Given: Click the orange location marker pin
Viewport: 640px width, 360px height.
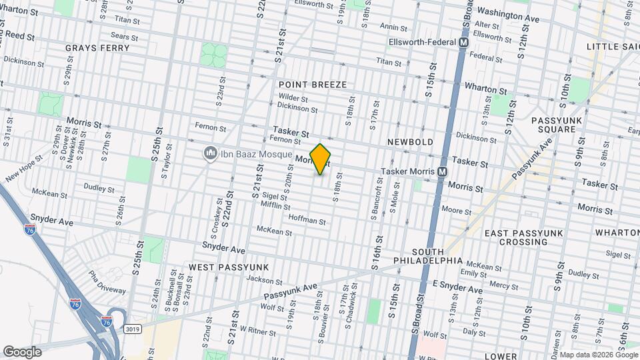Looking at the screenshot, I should (x=321, y=159).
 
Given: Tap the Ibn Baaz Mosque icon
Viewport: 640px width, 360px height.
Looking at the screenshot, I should (x=211, y=154).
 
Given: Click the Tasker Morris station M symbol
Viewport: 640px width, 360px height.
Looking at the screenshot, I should (x=443, y=171).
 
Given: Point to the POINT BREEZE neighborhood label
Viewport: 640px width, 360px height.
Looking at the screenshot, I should (x=313, y=85).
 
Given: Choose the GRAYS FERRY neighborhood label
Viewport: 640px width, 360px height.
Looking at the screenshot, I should (x=97, y=48).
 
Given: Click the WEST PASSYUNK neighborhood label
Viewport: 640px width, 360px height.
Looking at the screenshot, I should (x=222, y=267).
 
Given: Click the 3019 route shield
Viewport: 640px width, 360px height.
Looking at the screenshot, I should (x=133, y=329).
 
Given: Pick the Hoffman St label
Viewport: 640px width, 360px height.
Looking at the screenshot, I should (x=307, y=220).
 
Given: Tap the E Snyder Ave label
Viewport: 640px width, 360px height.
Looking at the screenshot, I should (x=457, y=288).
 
